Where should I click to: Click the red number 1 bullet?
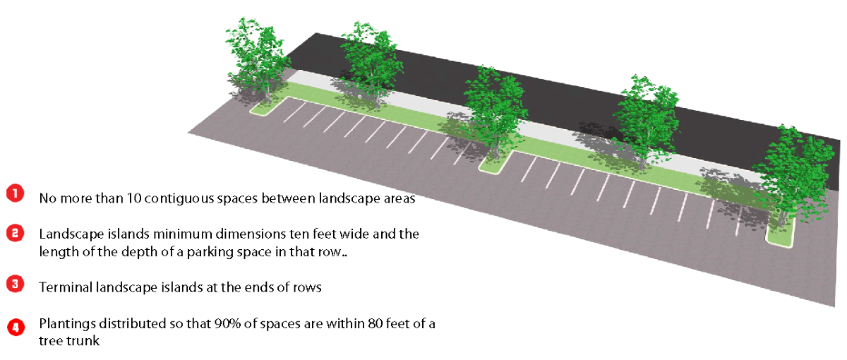(x=16, y=193)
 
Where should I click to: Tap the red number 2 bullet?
(x=16, y=233)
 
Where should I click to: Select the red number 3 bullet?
(x=16, y=284)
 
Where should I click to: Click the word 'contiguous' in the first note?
(x=165, y=198)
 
